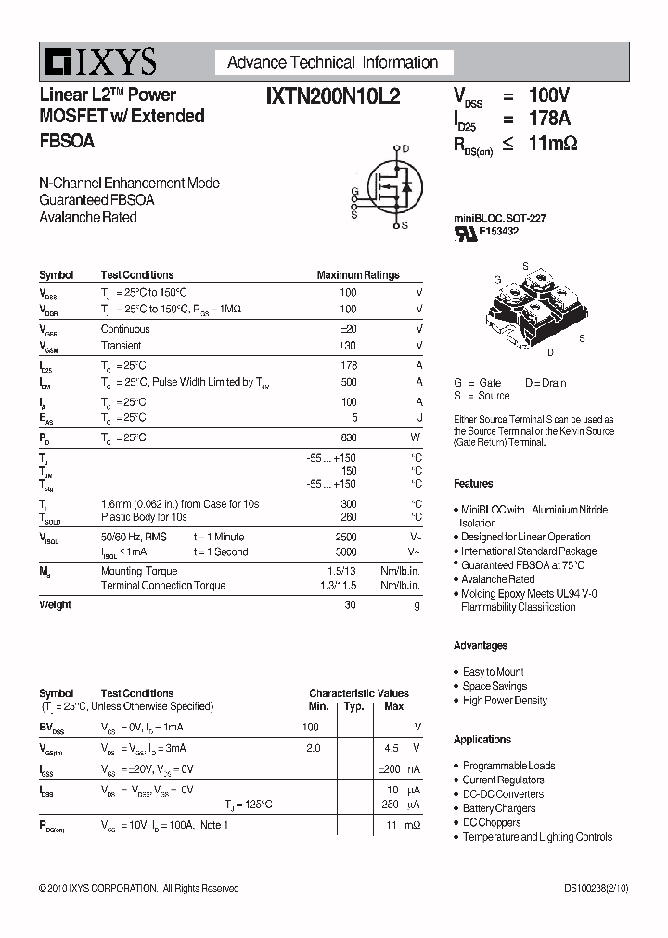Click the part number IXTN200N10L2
[332, 95]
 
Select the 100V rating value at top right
[548, 95]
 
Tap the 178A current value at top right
[549, 119]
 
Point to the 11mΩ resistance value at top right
[553, 143]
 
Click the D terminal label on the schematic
[405, 148]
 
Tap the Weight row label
[55, 604]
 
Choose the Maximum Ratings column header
[358, 275]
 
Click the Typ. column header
[353, 706]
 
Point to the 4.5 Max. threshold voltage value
[391, 747]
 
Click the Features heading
[473, 484]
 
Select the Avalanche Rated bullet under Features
[497, 579]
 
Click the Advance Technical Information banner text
[332, 63]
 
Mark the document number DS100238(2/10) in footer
[596, 888]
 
